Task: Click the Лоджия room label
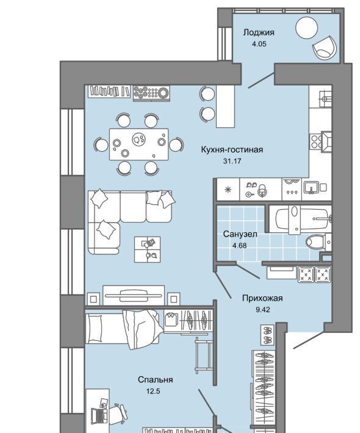pos(259,33)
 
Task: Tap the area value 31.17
pos(232,161)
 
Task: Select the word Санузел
pos(240,234)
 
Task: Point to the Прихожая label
pos(262,298)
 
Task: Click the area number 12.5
pos(153,391)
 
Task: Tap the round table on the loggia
pos(306,27)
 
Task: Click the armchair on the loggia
pos(325,48)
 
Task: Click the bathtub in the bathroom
pos(300,219)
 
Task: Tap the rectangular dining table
pos(139,144)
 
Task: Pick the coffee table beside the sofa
pos(147,249)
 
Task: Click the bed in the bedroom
pos(123,329)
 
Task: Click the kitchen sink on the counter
pos(311,188)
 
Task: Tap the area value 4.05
pos(259,44)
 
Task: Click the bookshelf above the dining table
pos(109,91)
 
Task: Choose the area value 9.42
pos(263,310)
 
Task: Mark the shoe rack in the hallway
pos(267,335)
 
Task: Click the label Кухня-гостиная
pos(232,149)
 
